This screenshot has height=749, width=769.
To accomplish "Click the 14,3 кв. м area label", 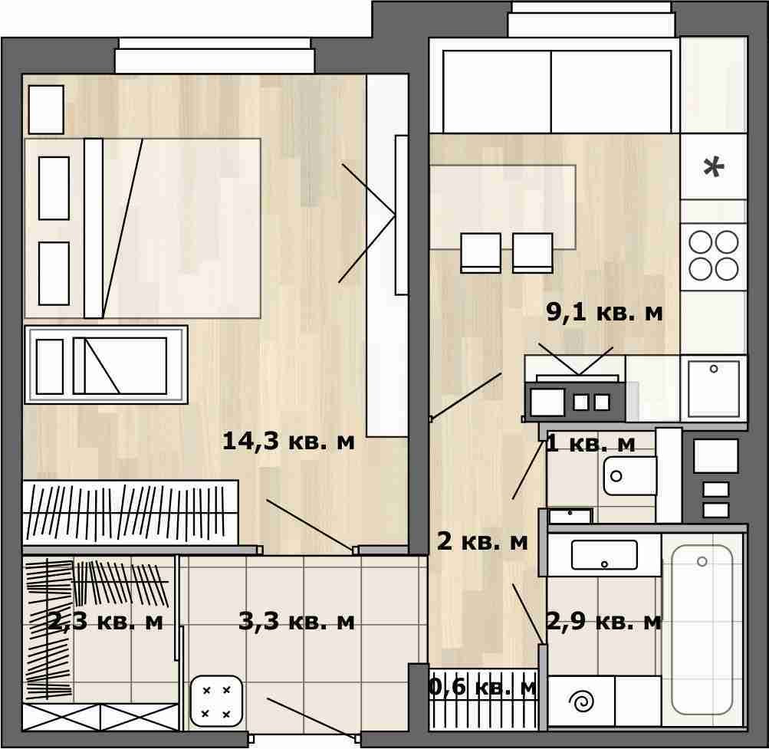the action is click(288, 441).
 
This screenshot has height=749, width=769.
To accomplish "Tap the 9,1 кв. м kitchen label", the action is click(604, 312).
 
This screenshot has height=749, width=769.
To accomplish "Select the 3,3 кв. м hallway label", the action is click(296, 622).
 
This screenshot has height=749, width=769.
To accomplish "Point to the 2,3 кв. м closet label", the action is click(106, 622).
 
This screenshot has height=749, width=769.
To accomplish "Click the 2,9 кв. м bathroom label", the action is click(604, 622).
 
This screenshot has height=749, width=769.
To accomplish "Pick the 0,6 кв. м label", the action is click(483, 687).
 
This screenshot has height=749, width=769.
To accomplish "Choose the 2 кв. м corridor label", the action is click(482, 541).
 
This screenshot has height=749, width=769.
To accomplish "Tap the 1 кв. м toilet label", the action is click(590, 444).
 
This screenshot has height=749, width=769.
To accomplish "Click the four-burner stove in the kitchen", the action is click(714, 257).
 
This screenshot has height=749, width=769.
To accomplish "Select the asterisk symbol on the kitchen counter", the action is click(714, 168).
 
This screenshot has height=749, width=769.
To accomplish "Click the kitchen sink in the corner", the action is click(714, 389).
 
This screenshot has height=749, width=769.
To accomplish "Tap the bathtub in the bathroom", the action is click(702, 630).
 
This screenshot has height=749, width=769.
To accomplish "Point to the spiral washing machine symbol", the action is click(583, 702).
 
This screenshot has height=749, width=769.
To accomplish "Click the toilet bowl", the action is click(629, 476).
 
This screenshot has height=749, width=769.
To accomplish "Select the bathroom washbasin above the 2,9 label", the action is click(604, 555).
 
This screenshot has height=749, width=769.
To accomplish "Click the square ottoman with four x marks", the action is click(216, 701).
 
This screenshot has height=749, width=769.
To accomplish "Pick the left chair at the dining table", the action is click(481, 253).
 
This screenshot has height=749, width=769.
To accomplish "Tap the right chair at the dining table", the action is click(532, 253).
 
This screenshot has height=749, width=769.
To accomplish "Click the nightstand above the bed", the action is click(46, 110).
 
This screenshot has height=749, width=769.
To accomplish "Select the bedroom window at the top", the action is click(215, 56).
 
